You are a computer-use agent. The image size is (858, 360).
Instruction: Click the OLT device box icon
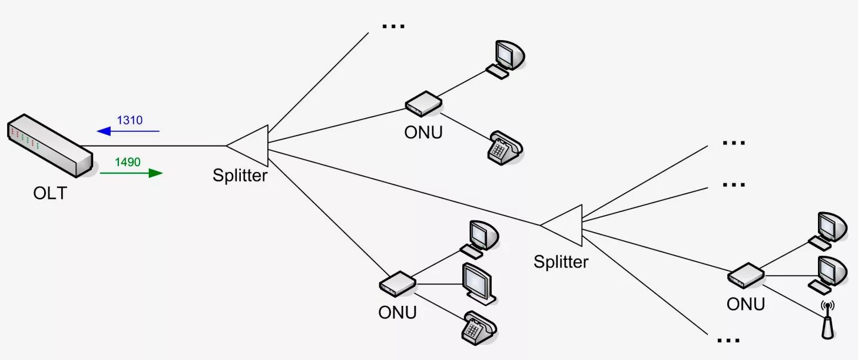coord(50,146)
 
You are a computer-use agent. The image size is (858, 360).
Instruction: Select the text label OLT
coord(50,193)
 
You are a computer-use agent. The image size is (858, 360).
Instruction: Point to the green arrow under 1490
coord(131,173)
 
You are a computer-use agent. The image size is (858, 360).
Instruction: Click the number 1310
coord(130,120)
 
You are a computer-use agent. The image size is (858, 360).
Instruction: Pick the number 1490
coord(128,161)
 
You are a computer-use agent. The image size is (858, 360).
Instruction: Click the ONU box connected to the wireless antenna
coord(746,275)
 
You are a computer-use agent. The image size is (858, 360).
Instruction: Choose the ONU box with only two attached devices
coord(423,103)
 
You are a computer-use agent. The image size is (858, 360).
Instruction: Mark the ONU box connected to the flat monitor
coord(397,283)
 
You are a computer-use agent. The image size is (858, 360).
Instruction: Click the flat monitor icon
coord(478,283)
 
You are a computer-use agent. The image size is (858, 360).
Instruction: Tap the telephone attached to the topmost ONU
coord(505,148)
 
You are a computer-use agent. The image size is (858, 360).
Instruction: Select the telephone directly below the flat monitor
coord(479,328)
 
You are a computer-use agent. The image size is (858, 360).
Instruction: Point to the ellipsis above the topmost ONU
coord(393,27)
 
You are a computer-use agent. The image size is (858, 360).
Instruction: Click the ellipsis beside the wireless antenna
coord(729,340)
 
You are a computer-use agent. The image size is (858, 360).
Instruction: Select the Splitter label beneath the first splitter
coord(240,176)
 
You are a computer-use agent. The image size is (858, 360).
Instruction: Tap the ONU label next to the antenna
coord(746,304)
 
